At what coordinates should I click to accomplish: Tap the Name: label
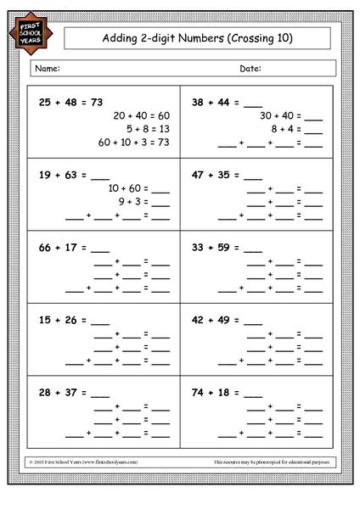(x=48, y=67)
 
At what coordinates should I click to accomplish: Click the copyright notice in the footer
(x=85, y=461)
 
